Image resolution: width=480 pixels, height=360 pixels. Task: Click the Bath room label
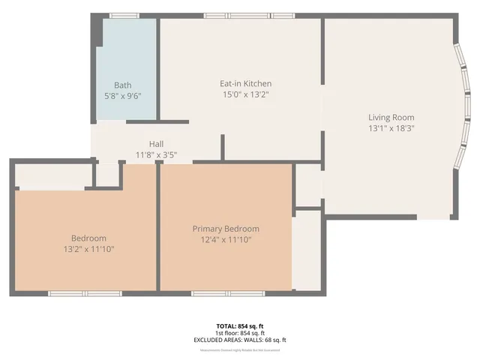click(x=122, y=85)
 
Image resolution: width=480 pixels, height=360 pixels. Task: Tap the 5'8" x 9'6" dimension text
click(x=122, y=96)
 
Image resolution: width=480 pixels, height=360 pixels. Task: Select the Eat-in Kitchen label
click(x=245, y=83)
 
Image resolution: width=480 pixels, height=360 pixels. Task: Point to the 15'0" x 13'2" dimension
click(x=245, y=94)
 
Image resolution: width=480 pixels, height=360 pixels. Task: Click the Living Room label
click(x=391, y=117)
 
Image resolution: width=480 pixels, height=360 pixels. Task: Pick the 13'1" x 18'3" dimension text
click(x=391, y=128)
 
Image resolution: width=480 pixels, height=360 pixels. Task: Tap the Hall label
click(x=156, y=144)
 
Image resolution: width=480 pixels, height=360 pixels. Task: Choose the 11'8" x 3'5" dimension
click(x=156, y=155)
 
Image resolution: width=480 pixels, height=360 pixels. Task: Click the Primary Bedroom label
click(x=226, y=229)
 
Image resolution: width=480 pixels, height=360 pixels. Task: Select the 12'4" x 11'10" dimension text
click(x=226, y=240)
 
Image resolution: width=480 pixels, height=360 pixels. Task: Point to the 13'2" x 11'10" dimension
click(x=88, y=249)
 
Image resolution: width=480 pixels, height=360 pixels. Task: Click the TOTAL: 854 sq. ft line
click(x=240, y=326)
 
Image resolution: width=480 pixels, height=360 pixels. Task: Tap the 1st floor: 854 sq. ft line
click(x=240, y=333)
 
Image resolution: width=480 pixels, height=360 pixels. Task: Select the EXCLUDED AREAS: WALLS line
click(x=240, y=340)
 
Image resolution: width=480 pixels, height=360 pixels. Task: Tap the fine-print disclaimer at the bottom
click(x=240, y=349)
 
